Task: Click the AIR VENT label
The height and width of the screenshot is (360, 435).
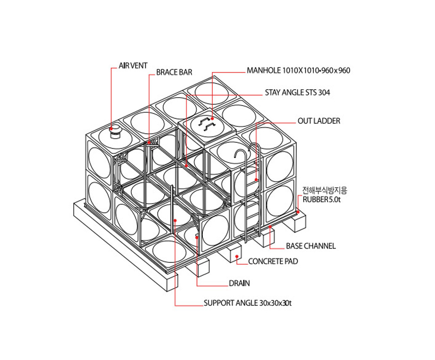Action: tap(133, 66)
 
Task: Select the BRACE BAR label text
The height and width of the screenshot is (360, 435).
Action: tap(174, 72)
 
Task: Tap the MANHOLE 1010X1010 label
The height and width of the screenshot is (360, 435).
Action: tap(299, 70)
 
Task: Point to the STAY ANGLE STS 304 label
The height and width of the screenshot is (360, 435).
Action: tap(297, 92)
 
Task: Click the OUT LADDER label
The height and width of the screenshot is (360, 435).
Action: tap(319, 121)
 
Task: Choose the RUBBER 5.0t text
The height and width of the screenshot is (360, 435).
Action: tap(322, 200)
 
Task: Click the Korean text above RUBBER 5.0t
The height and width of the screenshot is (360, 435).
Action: tap(325, 191)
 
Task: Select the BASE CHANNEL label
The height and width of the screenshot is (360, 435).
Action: tap(311, 246)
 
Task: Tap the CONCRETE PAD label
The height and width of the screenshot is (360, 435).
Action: tap(273, 261)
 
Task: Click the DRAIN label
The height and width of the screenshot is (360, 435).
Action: tap(239, 283)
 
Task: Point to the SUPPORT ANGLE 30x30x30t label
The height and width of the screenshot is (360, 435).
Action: tap(248, 303)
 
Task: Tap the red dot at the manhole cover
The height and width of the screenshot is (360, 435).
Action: tap(212, 118)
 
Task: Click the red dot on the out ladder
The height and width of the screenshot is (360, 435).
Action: tap(256, 180)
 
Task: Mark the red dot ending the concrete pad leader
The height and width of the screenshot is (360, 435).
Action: tap(237, 257)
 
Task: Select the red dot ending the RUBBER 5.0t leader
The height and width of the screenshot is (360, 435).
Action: tap(298, 212)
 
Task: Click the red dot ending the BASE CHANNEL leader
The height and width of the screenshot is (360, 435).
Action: tap(270, 227)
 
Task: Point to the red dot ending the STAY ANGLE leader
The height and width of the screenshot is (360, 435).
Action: tap(186, 166)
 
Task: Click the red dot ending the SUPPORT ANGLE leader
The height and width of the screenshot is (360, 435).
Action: tap(175, 220)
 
